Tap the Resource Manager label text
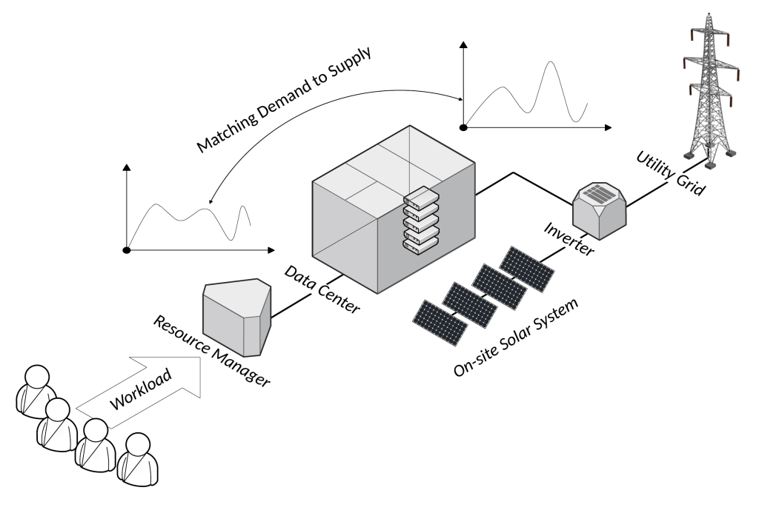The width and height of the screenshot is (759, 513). pos(211,352)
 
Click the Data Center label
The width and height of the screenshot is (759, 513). pos(322,289)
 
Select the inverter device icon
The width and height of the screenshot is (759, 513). pos(600,210)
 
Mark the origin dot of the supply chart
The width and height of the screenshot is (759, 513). pos(464,127)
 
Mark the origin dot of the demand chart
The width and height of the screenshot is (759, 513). pos(127,250)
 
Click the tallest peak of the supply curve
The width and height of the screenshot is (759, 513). pos(549,62)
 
